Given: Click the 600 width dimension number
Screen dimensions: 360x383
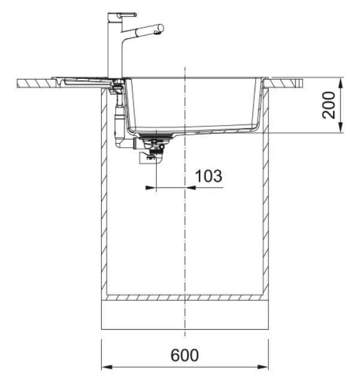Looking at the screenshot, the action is coord(184,355).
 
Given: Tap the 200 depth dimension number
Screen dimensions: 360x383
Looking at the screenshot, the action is coord(328,105).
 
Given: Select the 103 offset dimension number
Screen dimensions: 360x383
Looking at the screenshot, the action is coord(208,176).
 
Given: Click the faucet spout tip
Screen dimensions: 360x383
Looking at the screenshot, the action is coord(161,28).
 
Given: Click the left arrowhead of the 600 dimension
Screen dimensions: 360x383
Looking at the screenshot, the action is coord(107,367).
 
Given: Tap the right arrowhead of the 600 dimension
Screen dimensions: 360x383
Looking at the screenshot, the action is coord(263,367).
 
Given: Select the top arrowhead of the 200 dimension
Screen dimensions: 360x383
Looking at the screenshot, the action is coord(341,83).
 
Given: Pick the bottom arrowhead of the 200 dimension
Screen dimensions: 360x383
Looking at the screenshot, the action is coord(341,127).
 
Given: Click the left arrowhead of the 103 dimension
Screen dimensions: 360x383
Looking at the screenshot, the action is coord(151,188).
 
